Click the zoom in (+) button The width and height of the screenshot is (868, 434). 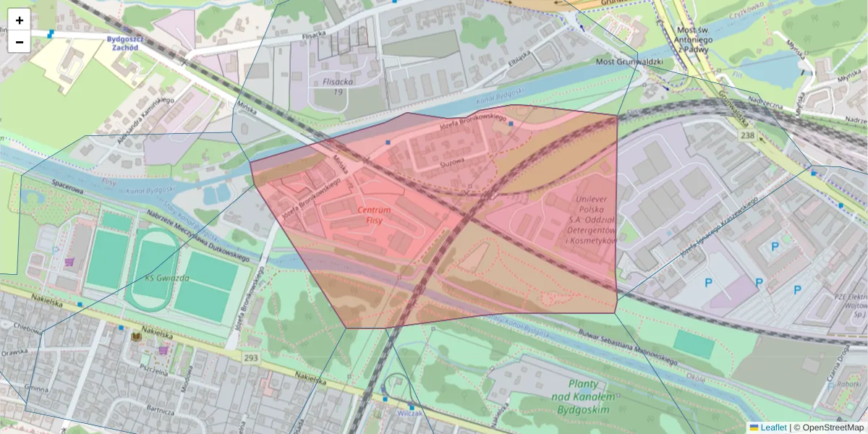click(x=20, y=20)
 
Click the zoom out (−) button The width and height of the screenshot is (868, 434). click(x=20, y=42)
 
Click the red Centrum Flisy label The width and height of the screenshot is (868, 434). click(x=374, y=215)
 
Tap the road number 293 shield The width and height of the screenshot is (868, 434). click(x=251, y=358)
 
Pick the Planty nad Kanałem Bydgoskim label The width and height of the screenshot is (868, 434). click(x=583, y=397)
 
